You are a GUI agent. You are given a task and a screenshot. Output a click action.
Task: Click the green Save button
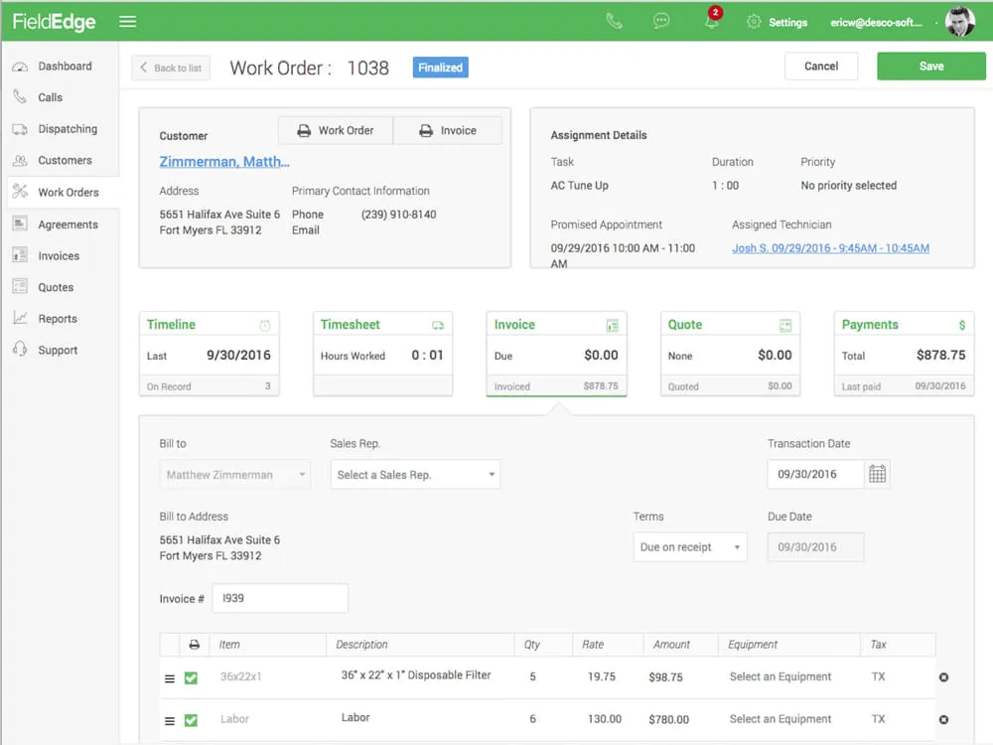tap(931, 66)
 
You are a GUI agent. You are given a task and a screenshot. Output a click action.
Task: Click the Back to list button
tap(171, 68)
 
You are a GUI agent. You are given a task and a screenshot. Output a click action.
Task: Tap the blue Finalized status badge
tap(440, 68)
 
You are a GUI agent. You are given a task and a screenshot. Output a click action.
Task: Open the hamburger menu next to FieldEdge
tap(128, 22)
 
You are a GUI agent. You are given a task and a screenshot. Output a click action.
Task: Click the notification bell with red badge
tap(712, 20)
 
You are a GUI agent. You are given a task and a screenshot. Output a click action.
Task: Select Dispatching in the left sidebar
tap(68, 128)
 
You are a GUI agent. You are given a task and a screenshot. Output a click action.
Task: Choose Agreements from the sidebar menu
tap(68, 224)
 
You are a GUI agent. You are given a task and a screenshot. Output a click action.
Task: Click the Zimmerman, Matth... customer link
tap(224, 162)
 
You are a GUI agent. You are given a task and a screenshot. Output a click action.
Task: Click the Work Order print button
tap(336, 130)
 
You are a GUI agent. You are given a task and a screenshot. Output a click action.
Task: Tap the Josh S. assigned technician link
tap(830, 248)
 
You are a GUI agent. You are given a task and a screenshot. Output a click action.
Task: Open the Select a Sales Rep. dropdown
tap(415, 475)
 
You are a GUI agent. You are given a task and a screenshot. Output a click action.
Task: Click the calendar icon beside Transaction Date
tap(877, 474)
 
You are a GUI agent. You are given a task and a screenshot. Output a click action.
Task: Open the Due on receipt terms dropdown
tap(690, 546)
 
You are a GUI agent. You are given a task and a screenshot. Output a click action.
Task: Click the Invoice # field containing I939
tap(280, 598)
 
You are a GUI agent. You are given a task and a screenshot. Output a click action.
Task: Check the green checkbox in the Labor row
tap(191, 720)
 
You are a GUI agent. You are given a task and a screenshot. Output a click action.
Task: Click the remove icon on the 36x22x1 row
tap(943, 677)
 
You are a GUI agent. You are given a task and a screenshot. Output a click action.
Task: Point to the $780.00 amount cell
tap(668, 719)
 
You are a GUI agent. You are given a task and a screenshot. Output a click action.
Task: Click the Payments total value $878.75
tap(940, 356)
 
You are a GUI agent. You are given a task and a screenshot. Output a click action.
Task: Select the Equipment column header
tap(753, 645)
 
